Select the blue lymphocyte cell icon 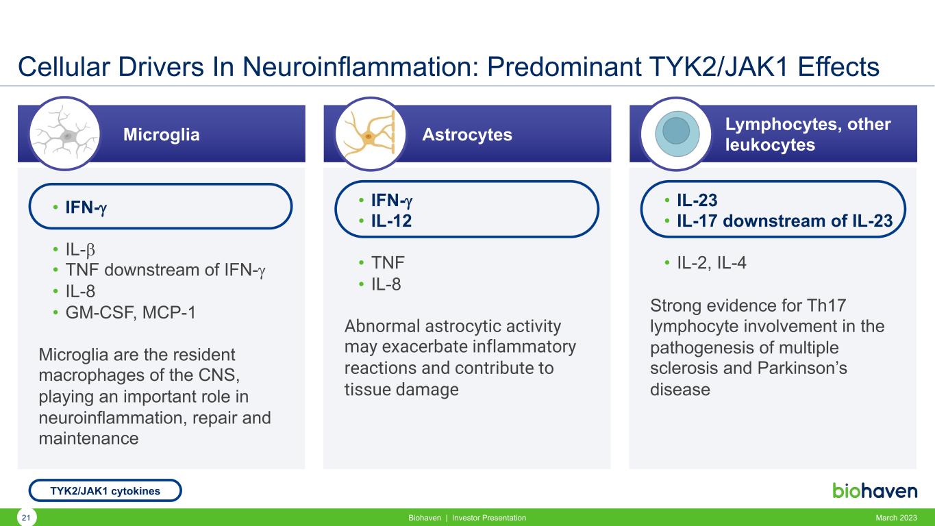pos(677,134)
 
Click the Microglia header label pos(161,135)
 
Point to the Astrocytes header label pos(467,134)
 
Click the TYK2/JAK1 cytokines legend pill pos(105,490)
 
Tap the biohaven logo pos(875,490)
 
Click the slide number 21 pos(26,518)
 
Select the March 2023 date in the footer pos(896,518)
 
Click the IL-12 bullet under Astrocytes pos(392,221)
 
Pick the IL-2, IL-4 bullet pos(711,262)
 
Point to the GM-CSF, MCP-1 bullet pos(131,312)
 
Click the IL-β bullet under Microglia pos(80,249)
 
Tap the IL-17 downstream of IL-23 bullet pos(785,221)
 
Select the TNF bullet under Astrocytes pos(388,262)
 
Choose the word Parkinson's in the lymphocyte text pos(802,368)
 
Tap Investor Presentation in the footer pos(489,518)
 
